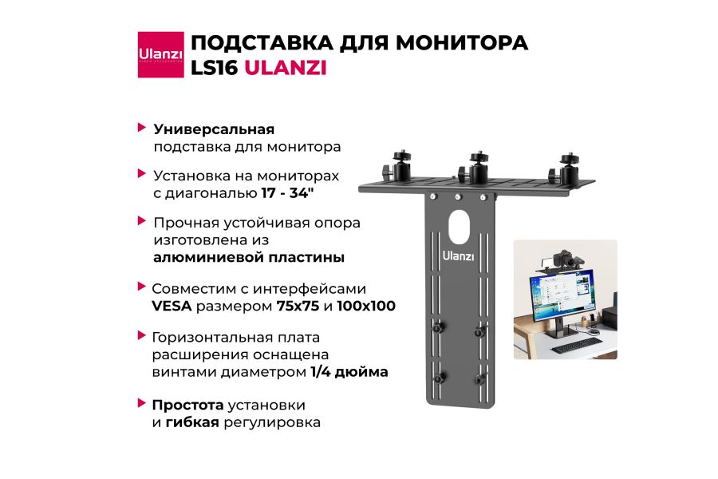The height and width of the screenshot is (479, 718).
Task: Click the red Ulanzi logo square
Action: click(x=160, y=54)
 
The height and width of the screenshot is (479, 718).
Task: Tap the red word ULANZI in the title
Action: click(x=285, y=68)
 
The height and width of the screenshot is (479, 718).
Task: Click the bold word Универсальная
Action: click(x=214, y=129)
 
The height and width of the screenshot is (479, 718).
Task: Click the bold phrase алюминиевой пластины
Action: click(x=249, y=257)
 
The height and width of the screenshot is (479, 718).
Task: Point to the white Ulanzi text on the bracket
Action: click(x=459, y=255)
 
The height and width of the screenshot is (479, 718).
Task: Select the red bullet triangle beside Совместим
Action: click(x=142, y=287)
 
